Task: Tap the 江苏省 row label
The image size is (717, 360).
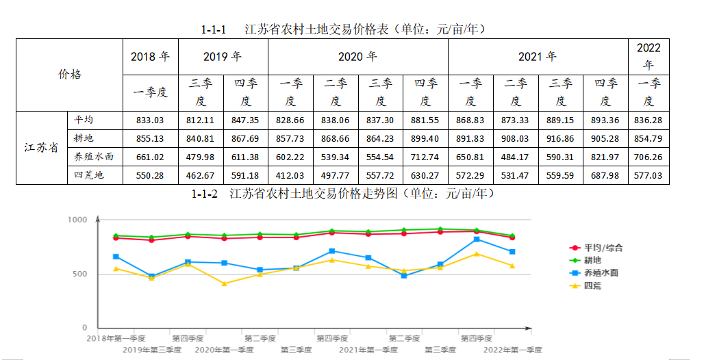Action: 41,147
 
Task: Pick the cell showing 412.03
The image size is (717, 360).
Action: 290,175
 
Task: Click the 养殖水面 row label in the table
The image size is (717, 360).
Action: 95,157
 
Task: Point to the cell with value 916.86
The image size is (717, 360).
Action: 560,138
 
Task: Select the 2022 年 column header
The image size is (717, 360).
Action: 649,57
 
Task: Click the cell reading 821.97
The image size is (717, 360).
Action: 605,157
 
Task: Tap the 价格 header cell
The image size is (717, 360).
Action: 69,75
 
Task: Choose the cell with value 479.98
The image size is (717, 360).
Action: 201,157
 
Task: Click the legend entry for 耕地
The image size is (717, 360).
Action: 592,260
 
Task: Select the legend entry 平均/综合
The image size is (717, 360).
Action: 603,248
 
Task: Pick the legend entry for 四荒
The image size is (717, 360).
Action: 592,285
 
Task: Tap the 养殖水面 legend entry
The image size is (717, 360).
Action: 601,272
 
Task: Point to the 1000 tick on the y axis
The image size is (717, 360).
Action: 77,220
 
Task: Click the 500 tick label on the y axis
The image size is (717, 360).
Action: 80,274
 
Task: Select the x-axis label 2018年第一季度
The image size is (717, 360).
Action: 116,338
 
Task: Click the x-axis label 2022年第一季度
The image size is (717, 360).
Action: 512,350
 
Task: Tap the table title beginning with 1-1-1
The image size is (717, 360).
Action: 342,29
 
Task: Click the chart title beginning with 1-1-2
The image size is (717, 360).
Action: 342,194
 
